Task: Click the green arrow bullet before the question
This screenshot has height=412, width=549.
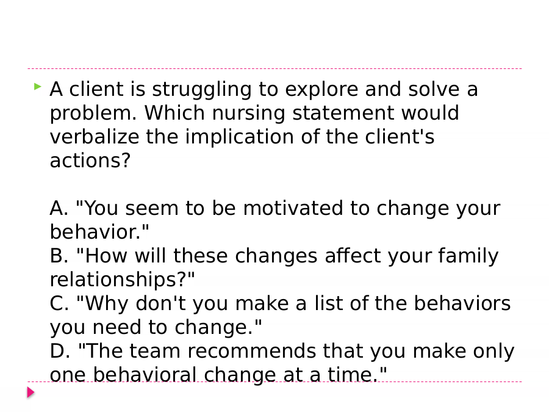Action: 38,86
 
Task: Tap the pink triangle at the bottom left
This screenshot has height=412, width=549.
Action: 31,392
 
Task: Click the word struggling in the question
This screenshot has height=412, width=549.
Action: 202,90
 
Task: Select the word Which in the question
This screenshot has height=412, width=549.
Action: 174,113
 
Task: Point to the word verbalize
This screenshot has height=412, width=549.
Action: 94,137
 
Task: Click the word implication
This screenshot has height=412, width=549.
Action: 240,137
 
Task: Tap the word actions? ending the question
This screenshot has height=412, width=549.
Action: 90,161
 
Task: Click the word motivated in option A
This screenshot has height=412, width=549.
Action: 293,208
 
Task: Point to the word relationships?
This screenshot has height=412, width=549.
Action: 122,280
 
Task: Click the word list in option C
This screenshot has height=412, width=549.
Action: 328,303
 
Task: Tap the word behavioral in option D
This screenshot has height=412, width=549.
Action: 145,375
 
